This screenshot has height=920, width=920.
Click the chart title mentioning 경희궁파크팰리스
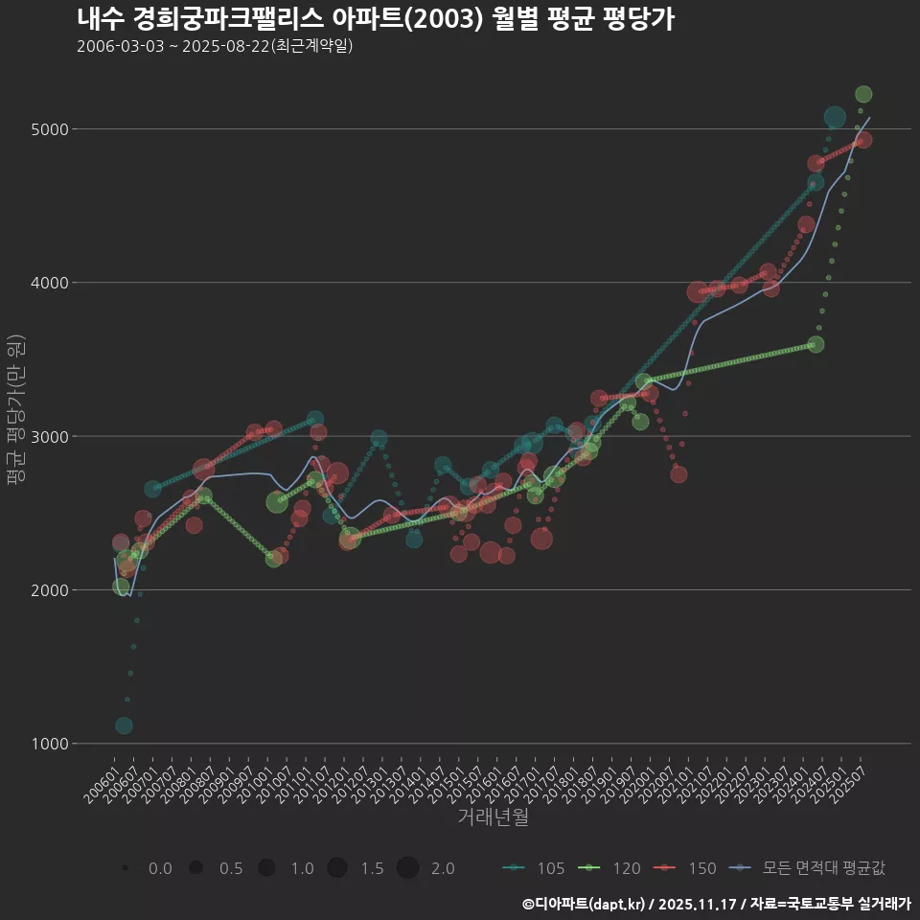pos(375,19)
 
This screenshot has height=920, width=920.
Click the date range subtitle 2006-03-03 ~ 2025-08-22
pos(215,46)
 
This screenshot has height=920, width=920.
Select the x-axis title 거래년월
pos(493,817)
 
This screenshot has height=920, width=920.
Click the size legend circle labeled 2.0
pos(407,868)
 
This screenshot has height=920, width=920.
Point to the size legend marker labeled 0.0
pos(126,868)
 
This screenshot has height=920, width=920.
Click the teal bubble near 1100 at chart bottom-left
pos(124,725)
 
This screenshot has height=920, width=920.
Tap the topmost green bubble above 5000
pos(863,94)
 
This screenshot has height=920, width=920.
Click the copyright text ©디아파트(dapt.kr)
pos(585,904)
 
